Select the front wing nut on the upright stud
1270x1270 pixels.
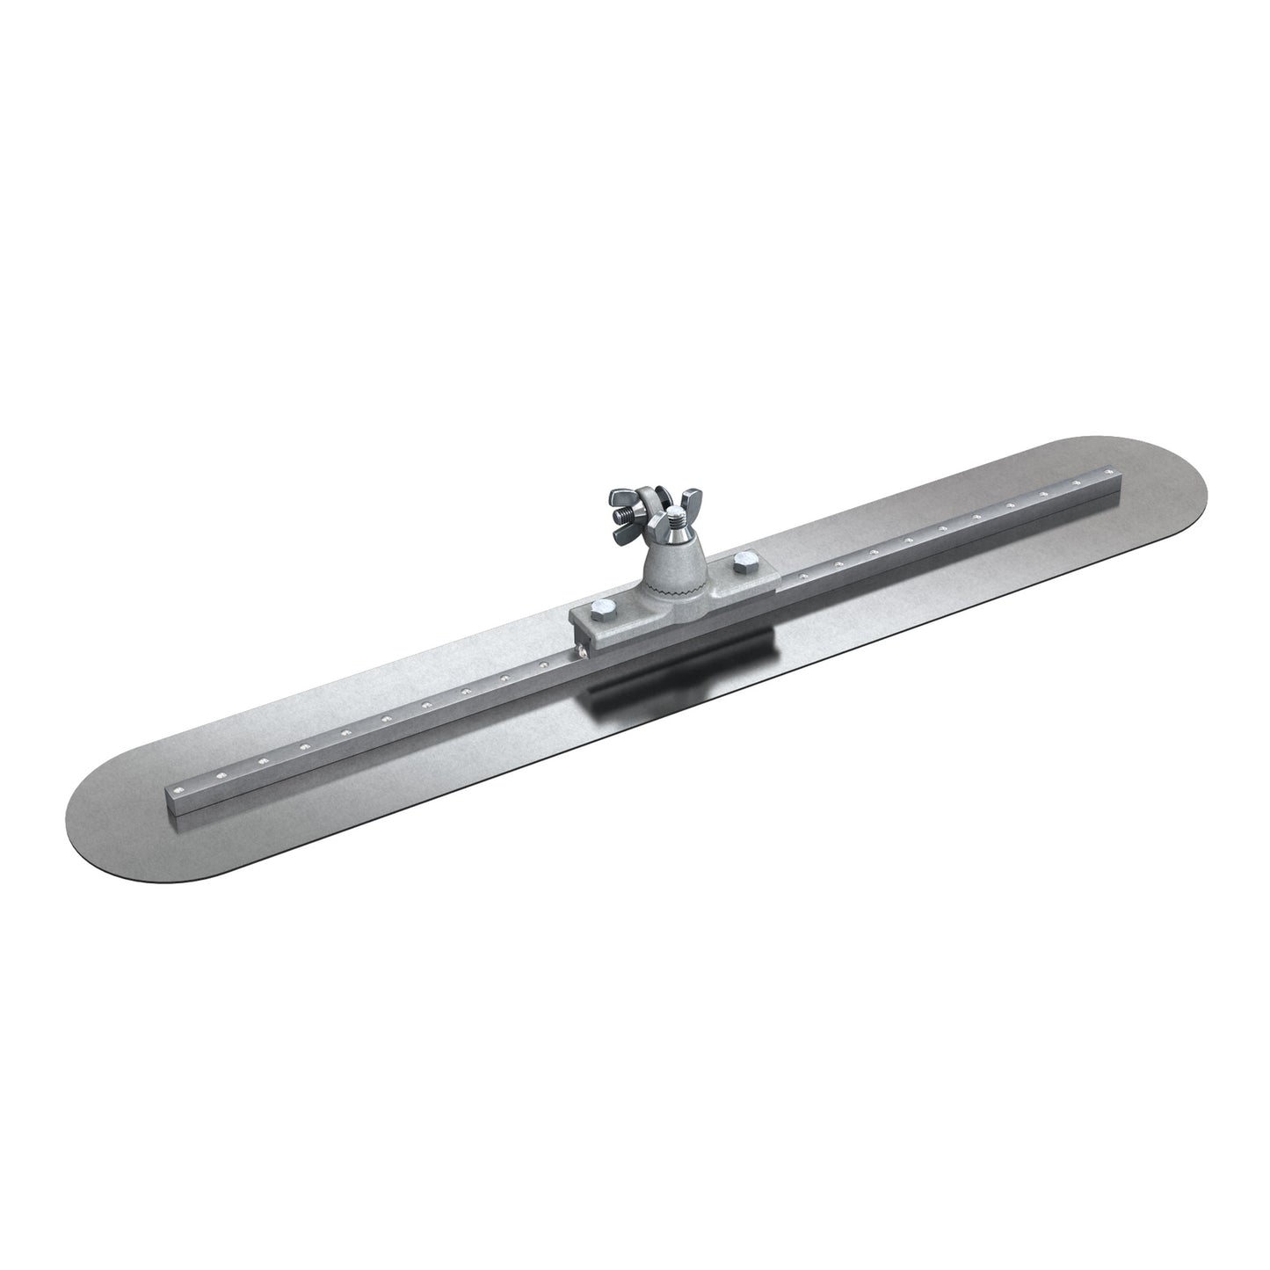point(679,535)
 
